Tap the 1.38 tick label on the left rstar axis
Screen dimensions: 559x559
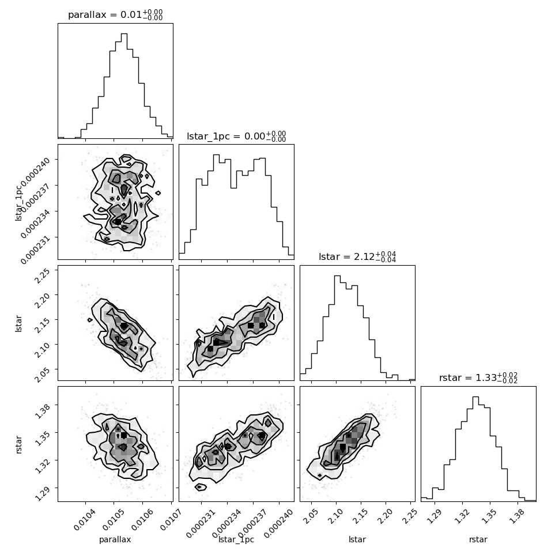click(x=43, y=410)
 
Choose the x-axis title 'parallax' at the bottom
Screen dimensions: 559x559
click(x=115, y=539)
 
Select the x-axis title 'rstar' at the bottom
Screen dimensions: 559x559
click(x=478, y=539)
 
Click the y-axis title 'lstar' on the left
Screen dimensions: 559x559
click(x=18, y=324)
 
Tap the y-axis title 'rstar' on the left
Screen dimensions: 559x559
click(x=18, y=444)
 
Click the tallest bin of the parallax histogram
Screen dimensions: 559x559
click(x=124, y=85)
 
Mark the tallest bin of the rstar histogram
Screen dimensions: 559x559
click(x=475, y=449)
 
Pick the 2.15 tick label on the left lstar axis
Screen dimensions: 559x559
click(x=43, y=324)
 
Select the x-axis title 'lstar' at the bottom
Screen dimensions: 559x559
click(x=357, y=539)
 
